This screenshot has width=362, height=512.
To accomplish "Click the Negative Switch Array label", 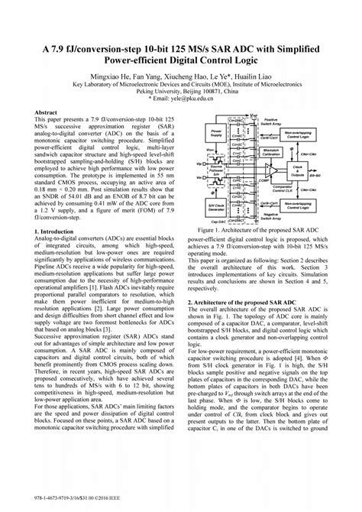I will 270,217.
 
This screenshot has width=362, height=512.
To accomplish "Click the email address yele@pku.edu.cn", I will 183,98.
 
